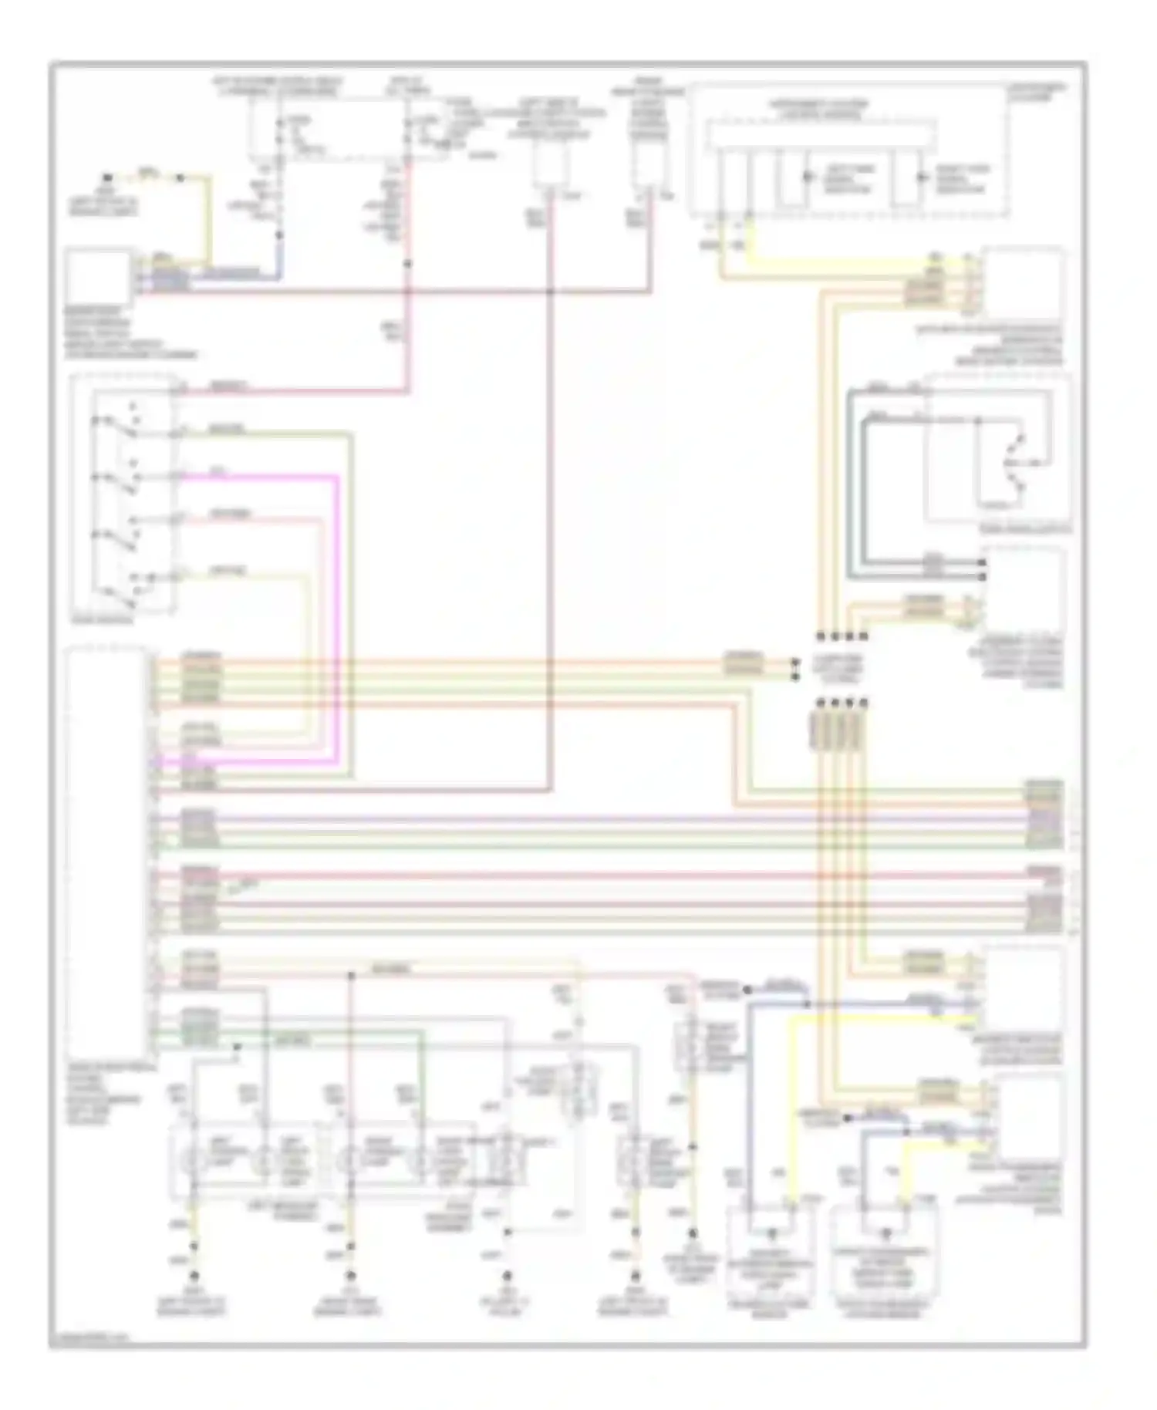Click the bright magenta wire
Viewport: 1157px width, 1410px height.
[x=337, y=617]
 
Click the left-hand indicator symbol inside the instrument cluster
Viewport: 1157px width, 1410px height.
[x=807, y=177]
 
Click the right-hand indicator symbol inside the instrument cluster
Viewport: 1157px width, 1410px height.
[x=920, y=177]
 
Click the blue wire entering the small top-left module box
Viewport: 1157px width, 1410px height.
[x=231, y=275]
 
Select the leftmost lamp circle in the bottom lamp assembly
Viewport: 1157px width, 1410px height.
[x=193, y=1158]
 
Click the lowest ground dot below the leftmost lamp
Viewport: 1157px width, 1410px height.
[x=194, y=1274]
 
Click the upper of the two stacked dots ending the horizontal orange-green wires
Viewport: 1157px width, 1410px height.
[x=794, y=662]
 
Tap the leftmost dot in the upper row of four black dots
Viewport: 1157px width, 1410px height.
[x=821, y=636]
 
